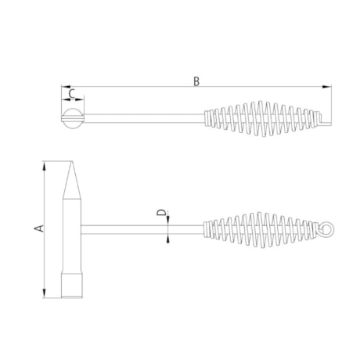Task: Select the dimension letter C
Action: point(72,94)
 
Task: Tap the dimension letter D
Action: point(160,212)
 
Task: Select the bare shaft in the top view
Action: point(141,119)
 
